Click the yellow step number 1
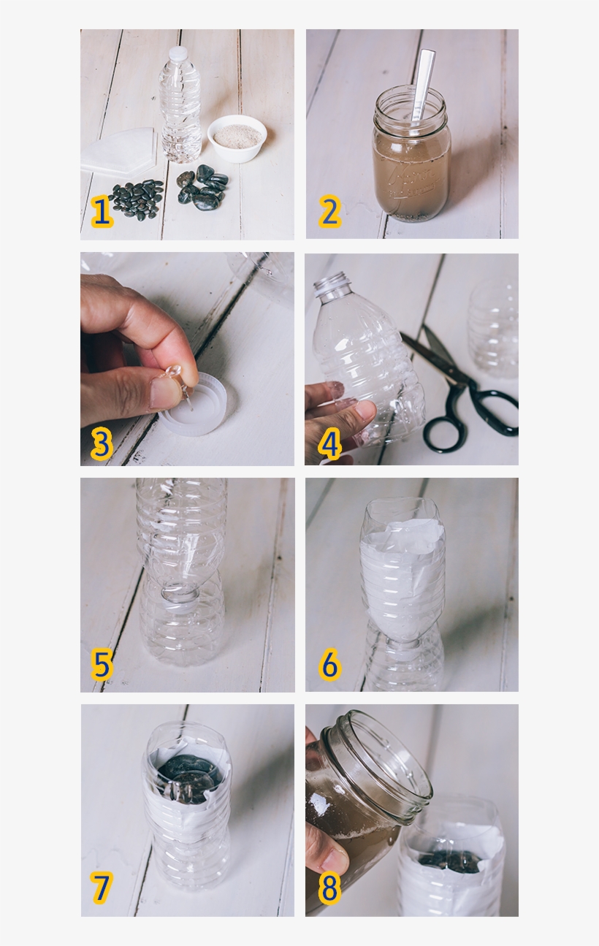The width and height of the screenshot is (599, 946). (102, 212)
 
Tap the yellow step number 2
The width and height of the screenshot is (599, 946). (329, 212)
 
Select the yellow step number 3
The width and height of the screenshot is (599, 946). (102, 444)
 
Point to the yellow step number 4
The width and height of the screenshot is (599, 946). (329, 444)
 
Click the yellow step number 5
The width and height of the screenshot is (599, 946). (102, 665)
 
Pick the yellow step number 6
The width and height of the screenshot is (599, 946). (329, 665)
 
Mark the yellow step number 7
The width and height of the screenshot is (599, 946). (102, 888)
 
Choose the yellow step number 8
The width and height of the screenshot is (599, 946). (329, 888)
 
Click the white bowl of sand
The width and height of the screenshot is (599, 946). (237, 137)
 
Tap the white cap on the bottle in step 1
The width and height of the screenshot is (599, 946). (178, 54)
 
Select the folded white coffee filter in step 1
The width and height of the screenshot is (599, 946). (121, 152)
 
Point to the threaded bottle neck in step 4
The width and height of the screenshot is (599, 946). (333, 286)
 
